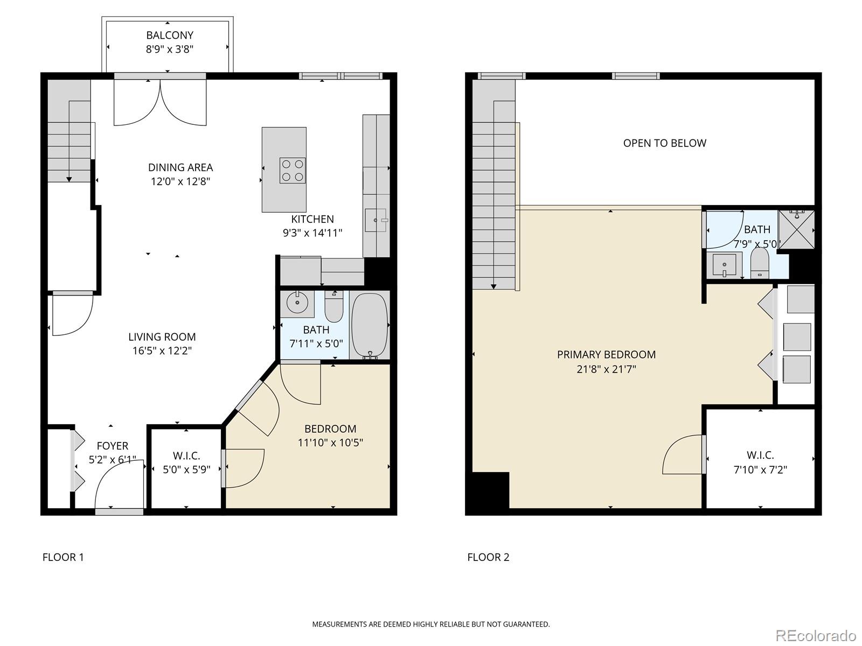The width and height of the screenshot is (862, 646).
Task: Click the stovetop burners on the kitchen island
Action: tap(293, 170)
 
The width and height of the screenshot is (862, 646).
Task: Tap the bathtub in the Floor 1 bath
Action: tap(370, 325)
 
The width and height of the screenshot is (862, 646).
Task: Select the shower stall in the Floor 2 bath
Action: tap(797, 229)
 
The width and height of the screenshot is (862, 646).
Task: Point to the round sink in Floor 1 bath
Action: tap(297, 303)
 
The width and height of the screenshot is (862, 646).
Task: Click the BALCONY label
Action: tap(170, 36)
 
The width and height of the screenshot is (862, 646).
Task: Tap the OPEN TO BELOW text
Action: tap(664, 143)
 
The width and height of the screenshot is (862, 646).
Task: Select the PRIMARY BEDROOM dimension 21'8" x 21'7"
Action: tap(606, 369)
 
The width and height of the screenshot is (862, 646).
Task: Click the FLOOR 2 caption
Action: tap(488, 557)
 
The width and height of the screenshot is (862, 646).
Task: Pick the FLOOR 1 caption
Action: tap(63, 557)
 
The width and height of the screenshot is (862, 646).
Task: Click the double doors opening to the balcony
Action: tap(160, 102)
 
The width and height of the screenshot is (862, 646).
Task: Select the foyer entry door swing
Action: tap(119, 487)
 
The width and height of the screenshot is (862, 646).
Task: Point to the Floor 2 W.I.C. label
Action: tap(760, 455)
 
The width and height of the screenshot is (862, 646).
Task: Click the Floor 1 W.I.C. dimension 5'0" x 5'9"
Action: tap(186, 469)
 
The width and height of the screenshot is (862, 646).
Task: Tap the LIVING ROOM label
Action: tap(162, 337)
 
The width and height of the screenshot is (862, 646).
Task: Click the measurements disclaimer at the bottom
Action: tap(431, 624)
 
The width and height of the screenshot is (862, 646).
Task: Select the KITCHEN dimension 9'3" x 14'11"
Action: tap(312, 233)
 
